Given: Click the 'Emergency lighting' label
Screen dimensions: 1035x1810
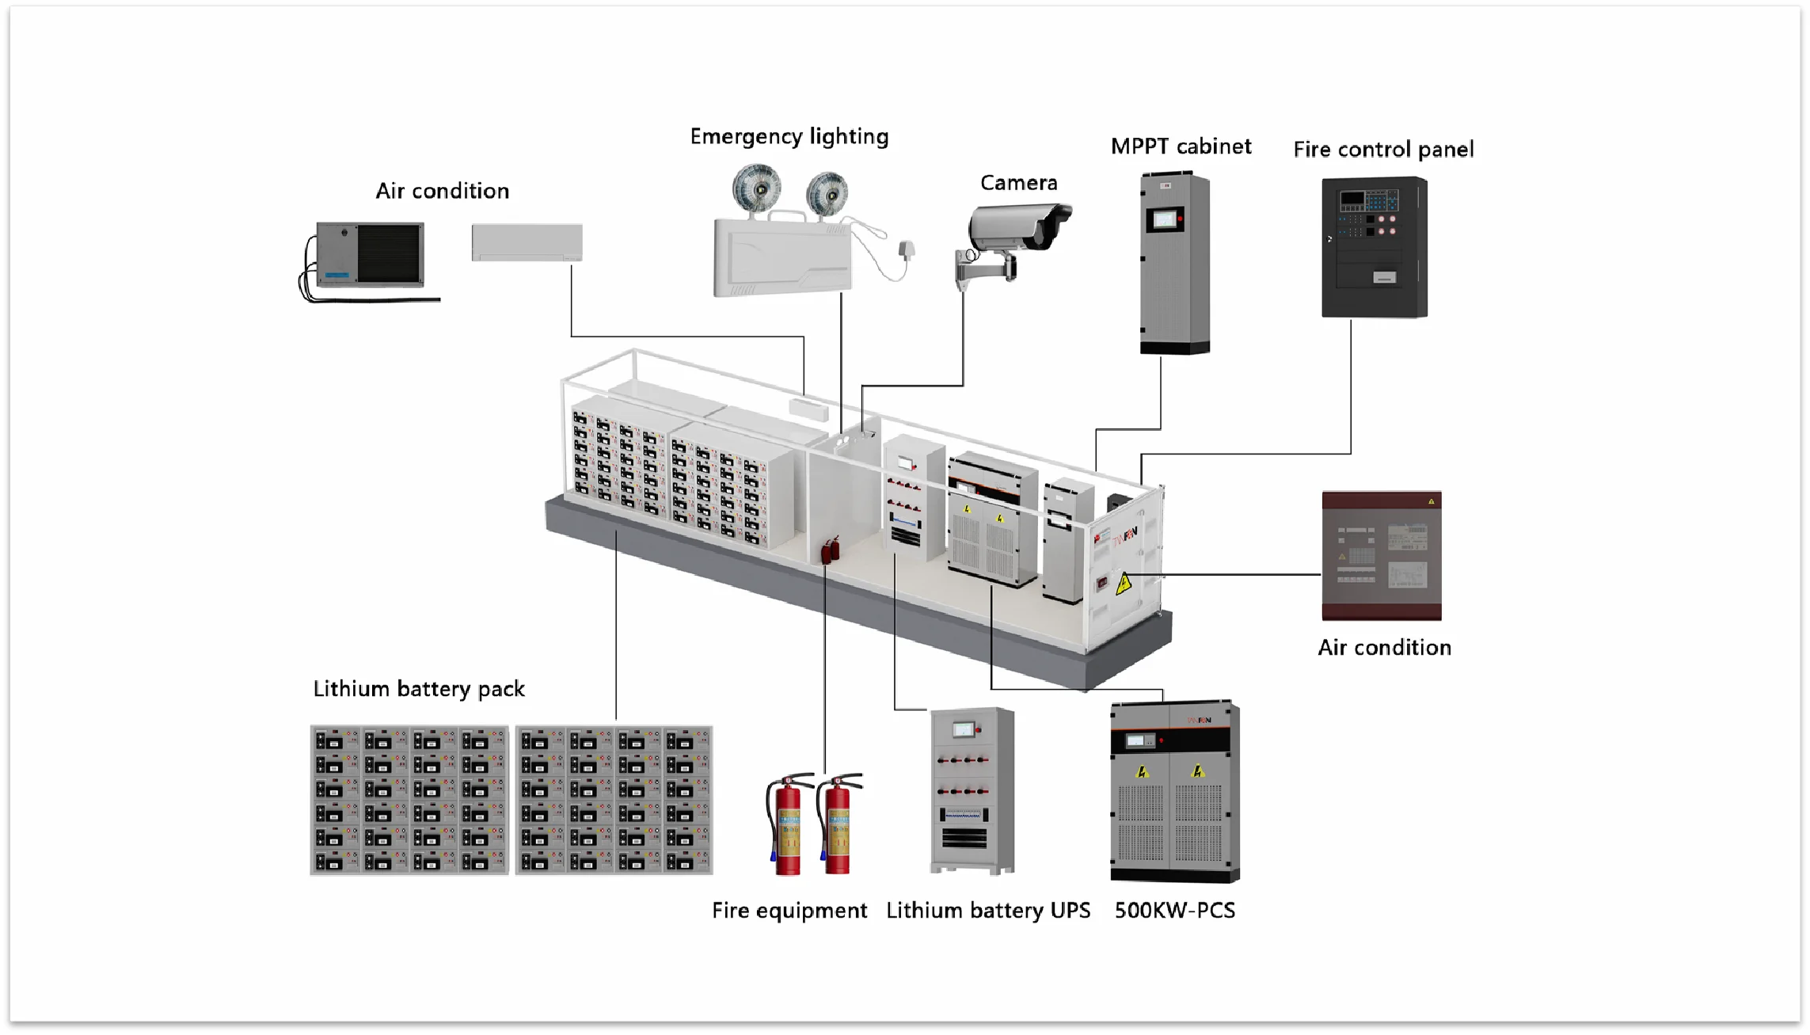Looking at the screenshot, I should point(789,137).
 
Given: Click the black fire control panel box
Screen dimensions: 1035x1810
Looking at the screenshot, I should point(1374,248).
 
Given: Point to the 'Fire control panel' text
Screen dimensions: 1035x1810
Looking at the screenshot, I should point(1382,150).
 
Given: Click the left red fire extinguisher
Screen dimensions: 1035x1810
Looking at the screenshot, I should point(786,828).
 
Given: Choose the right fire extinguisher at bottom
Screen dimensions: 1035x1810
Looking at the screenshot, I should point(838,828).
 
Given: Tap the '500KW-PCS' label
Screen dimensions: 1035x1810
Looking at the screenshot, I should point(1174,911).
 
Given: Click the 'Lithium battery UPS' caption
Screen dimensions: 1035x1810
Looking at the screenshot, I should point(987,911).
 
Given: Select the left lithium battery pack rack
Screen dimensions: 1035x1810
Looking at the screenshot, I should point(409,800).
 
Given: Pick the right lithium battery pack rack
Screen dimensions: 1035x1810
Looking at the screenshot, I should point(614,800).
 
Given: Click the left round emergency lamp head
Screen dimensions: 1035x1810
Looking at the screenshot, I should point(756,188).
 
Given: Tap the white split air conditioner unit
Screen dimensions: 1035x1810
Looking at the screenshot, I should point(527,242).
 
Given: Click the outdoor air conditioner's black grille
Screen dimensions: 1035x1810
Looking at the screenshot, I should point(389,253).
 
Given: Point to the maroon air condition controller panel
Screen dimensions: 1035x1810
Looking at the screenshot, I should point(1381,556).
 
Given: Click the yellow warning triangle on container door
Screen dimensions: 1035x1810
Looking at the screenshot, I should point(1123,585).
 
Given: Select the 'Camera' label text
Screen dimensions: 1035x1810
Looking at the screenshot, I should point(1018,183).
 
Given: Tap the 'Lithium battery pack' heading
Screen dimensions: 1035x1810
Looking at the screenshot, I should point(419,689).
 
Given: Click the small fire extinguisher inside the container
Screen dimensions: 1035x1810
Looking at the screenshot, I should point(829,550).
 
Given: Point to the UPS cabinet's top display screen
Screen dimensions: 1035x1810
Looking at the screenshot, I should point(963,729).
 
